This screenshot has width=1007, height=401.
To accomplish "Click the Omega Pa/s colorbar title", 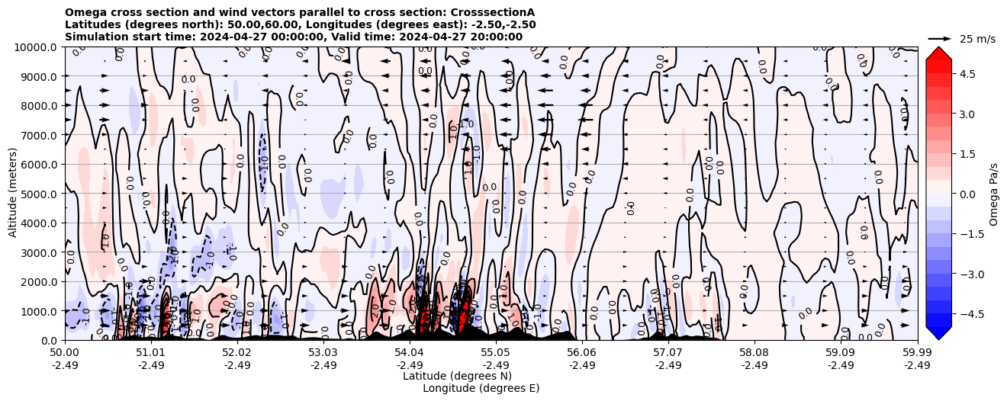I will [x=994, y=194].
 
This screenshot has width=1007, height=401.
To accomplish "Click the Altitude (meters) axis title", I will [x=13, y=194].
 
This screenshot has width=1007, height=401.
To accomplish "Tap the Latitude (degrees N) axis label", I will [x=457, y=376].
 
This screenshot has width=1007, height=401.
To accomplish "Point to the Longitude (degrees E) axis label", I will [x=481, y=388].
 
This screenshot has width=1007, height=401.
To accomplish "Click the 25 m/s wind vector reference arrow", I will [x=939, y=38].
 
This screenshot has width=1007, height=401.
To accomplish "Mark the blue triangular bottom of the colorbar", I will [x=938, y=332].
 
